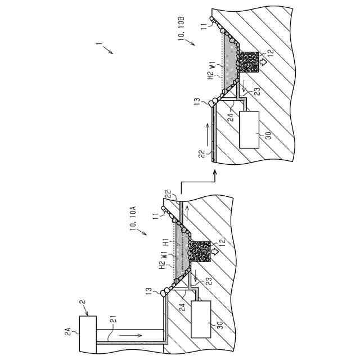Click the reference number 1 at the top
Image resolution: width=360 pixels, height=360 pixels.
pos(99,44)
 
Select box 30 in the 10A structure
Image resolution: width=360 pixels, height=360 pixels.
pos(201,319)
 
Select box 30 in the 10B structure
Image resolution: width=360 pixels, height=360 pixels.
pos(249,129)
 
